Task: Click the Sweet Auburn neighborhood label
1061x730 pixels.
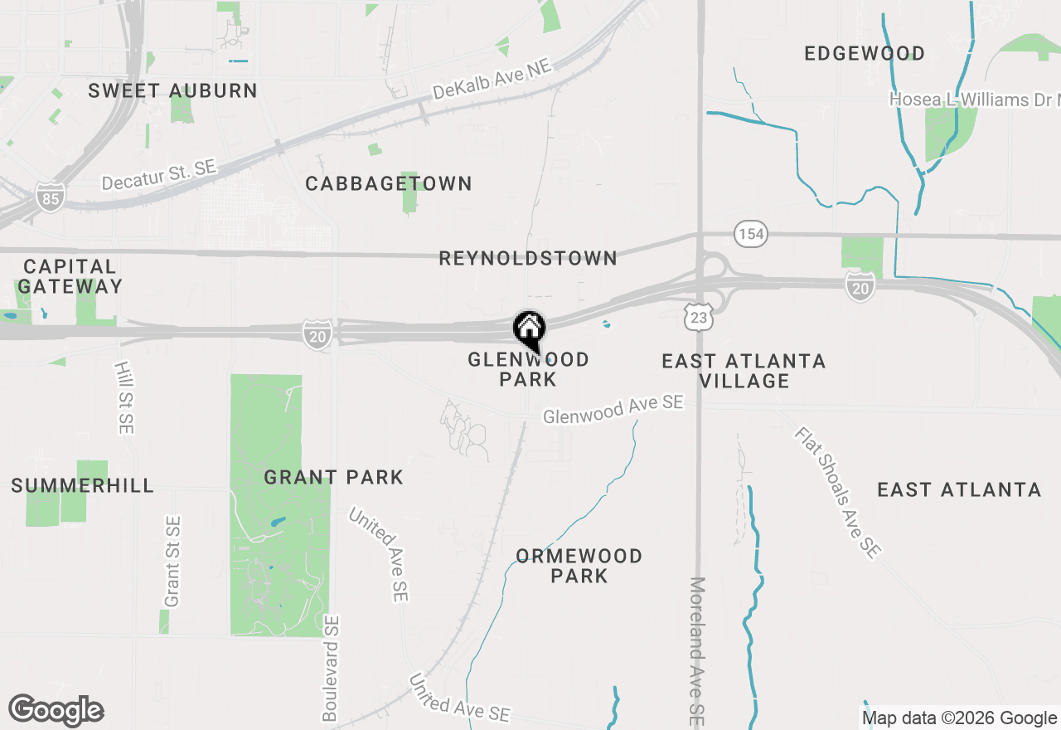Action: click(x=172, y=90)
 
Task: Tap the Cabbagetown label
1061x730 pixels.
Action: click(x=388, y=183)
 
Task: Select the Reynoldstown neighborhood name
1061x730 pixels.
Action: click(x=528, y=258)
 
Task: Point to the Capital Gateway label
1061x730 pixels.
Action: click(x=70, y=276)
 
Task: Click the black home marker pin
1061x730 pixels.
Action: click(x=529, y=330)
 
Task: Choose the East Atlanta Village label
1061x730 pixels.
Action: click(x=744, y=371)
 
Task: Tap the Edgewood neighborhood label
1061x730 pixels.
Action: click(x=865, y=54)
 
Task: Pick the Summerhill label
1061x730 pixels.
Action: click(x=82, y=485)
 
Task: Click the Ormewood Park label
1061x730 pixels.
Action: click(x=579, y=566)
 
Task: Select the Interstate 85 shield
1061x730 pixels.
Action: click(x=50, y=197)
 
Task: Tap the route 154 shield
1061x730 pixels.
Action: click(x=751, y=234)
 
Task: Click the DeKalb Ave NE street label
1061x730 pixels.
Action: click(x=492, y=83)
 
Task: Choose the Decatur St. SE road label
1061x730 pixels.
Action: click(x=158, y=175)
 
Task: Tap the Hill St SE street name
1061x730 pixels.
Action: click(x=124, y=397)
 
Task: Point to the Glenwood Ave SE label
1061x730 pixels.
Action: click(x=613, y=409)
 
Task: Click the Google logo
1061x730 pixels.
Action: click(x=56, y=710)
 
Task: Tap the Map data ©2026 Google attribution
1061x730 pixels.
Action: click(x=960, y=718)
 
